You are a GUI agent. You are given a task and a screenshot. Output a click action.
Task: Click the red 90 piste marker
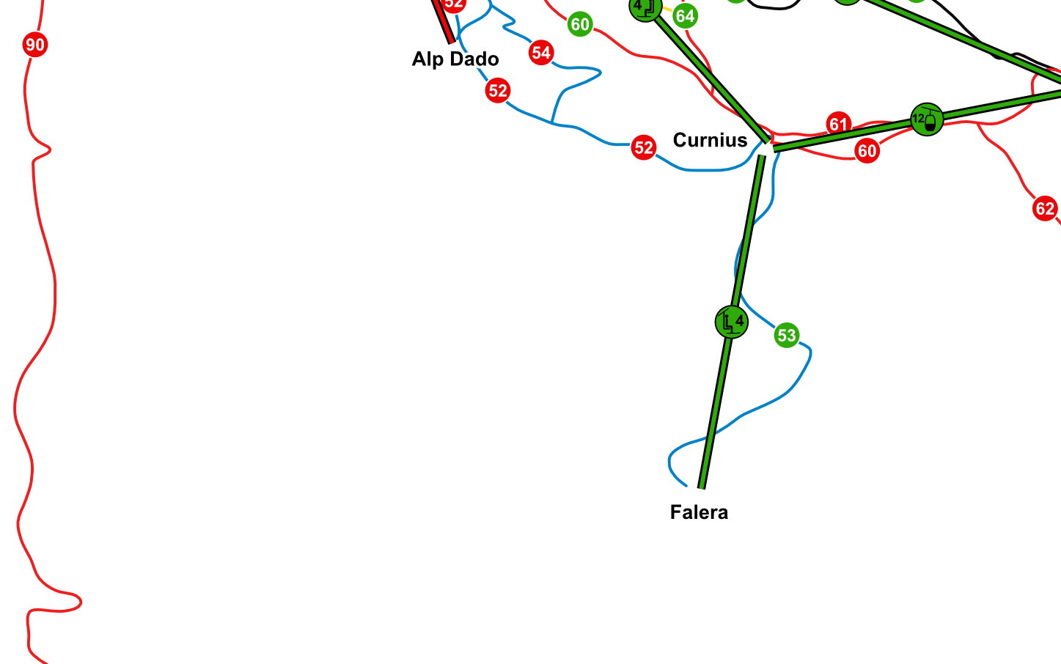pyautogui.click(x=35, y=45)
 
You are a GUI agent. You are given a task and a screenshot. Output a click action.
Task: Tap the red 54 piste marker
pyautogui.click(x=541, y=53)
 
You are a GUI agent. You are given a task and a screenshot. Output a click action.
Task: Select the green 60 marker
pyautogui.click(x=580, y=24)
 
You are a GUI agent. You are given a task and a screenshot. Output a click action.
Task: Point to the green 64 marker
pyautogui.click(x=685, y=16)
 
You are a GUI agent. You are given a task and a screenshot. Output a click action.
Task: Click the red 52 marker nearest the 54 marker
pyautogui.click(x=497, y=90)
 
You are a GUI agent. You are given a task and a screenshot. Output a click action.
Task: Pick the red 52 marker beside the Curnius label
pyautogui.click(x=643, y=147)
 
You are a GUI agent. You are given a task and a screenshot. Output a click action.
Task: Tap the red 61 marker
pyautogui.click(x=838, y=124)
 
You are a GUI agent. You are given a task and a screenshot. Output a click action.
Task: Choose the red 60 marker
pyautogui.click(x=867, y=151)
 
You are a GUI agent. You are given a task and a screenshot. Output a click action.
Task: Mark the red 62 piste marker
pyautogui.click(x=1045, y=208)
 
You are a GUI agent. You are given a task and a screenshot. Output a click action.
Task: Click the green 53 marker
pyautogui.click(x=787, y=335)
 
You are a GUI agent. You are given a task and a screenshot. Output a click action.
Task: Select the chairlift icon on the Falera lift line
pyautogui.click(x=731, y=322)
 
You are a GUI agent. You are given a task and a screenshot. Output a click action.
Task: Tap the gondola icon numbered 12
pyautogui.click(x=927, y=119)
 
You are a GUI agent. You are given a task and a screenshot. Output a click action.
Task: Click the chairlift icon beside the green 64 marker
pyautogui.click(x=645, y=7)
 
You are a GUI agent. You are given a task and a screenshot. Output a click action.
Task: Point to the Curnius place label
pyautogui.click(x=710, y=140)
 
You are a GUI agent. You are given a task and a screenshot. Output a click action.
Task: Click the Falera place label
pyautogui.click(x=699, y=512)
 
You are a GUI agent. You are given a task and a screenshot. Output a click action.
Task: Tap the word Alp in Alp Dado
pyautogui.click(x=427, y=59)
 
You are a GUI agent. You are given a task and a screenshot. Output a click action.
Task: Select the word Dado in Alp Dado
pyautogui.click(x=474, y=59)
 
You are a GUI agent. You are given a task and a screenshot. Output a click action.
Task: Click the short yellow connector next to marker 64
pyautogui.click(x=667, y=9)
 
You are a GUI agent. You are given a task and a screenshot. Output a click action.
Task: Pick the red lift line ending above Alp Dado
pyautogui.click(x=442, y=21)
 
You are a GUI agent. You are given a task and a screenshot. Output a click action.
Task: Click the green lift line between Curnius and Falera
pyautogui.click(x=732, y=322)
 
